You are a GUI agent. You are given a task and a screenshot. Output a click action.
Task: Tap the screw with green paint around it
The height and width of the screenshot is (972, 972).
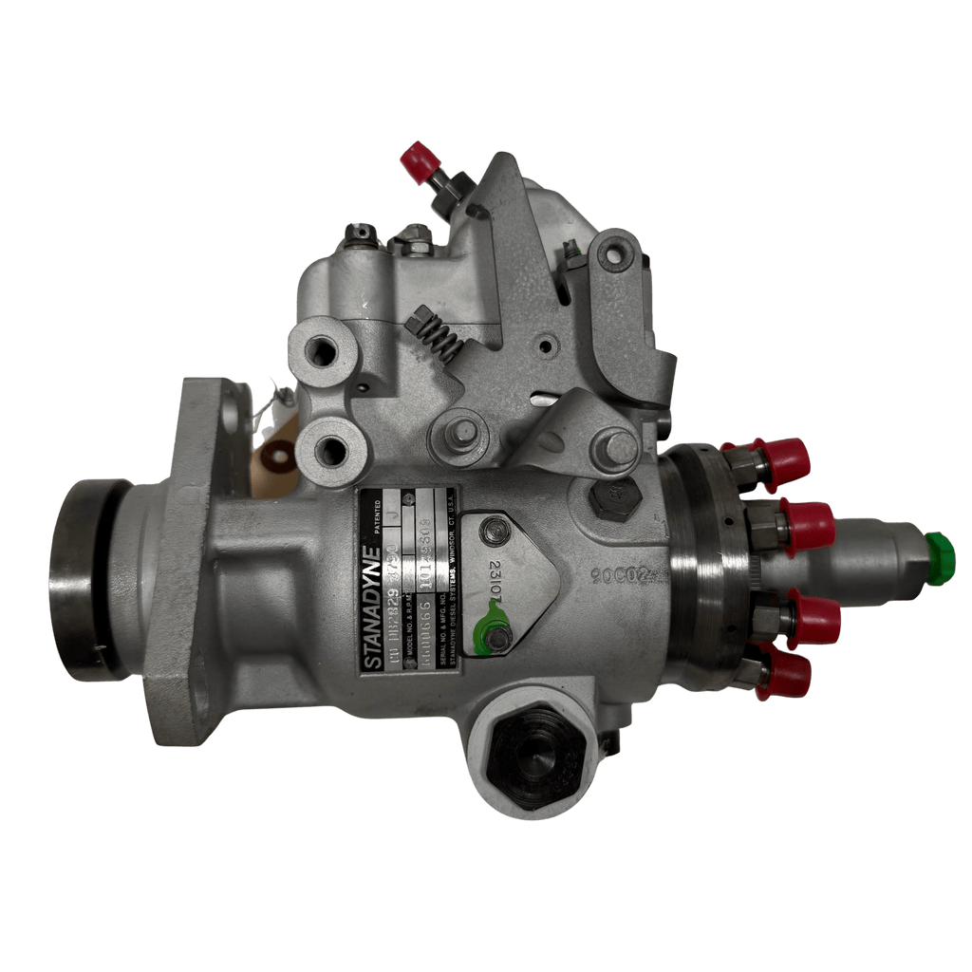coord(496,638)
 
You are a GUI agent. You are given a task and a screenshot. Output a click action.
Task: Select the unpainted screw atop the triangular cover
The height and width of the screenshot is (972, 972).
coord(495,533)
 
